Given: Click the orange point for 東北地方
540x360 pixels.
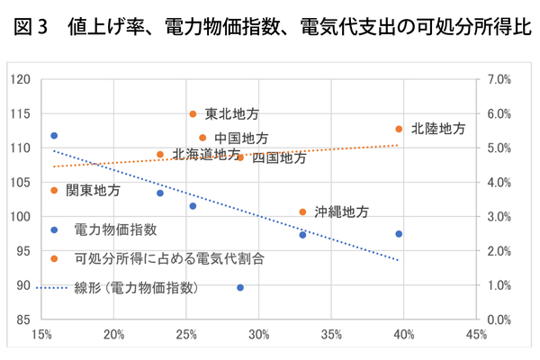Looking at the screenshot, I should click(193, 114).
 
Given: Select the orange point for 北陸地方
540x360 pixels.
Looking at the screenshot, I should click(399, 129).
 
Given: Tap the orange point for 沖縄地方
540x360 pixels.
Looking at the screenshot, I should click(302, 212).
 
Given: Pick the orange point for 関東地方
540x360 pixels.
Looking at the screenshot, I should click(54, 190).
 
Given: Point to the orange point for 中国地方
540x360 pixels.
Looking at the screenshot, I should click(203, 138).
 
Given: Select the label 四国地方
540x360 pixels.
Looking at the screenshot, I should click(279, 157).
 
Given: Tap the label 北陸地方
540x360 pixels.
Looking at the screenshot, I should click(438, 129).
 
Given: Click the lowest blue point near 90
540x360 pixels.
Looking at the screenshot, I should click(240, 287).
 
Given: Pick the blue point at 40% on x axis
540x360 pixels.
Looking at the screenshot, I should click(399, 234).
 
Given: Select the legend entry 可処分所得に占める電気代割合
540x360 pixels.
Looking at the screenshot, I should click(169, 258).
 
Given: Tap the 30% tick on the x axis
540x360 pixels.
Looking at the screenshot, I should click(259, 336).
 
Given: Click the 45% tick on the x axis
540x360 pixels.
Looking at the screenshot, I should click(477, 336).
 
